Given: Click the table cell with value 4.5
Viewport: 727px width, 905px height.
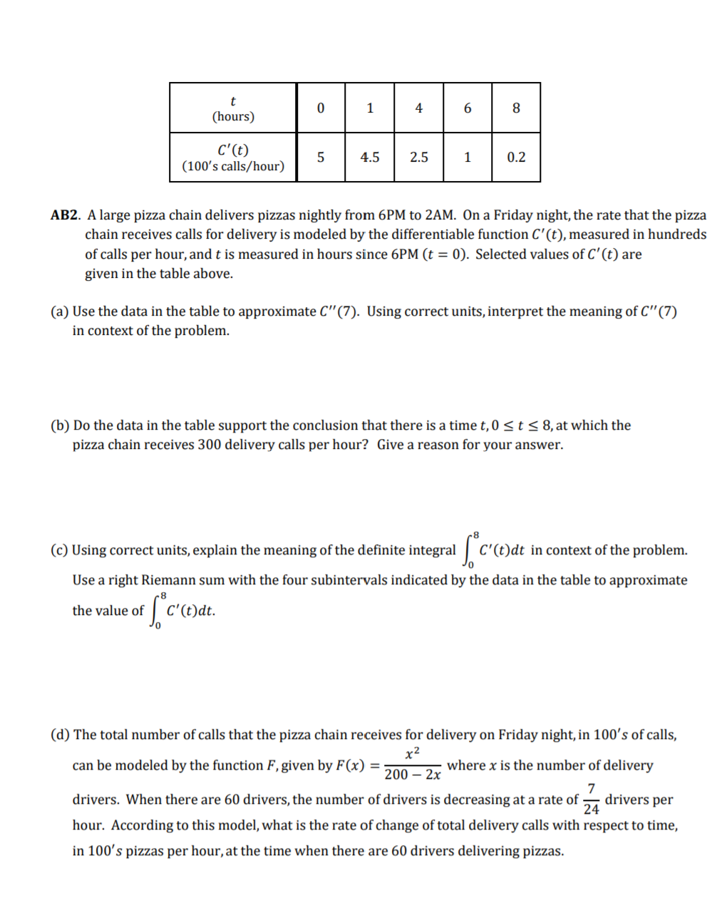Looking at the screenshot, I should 369,157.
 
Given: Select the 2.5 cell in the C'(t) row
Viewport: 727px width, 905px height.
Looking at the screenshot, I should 418,157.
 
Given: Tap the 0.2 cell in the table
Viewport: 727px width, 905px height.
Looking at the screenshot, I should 516,157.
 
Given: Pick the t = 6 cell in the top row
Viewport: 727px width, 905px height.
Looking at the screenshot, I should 468,108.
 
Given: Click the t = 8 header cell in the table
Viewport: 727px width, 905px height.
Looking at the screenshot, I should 516,108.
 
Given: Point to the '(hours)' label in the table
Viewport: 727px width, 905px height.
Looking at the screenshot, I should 233,117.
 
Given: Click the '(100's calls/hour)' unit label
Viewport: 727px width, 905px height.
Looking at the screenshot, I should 233,167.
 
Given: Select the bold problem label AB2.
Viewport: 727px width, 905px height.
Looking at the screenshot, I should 66,215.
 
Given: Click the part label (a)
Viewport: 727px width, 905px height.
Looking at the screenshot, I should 60,311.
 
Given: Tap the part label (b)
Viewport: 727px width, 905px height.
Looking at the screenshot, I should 60,425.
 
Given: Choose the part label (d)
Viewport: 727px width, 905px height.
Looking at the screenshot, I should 60,735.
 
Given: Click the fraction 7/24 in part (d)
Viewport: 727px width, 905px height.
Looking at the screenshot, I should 591,799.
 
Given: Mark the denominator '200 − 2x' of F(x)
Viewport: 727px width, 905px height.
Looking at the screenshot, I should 413,775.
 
